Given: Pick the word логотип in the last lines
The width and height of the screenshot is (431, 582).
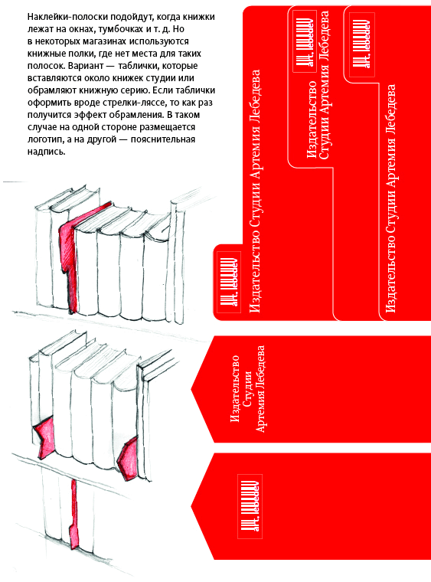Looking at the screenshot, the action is click(x=45, y=139).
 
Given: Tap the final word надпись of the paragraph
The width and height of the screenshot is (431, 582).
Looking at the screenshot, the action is click(x=47, y=152).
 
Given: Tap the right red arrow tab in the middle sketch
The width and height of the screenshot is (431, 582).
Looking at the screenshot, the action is click(x=129, y=456).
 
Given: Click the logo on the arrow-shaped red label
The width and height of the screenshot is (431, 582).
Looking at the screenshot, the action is click(x=250, y=506).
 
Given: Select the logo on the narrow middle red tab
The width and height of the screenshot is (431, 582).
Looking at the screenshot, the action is click(x=304, y=41).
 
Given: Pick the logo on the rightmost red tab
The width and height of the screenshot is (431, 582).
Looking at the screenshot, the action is click(x=362, y=44).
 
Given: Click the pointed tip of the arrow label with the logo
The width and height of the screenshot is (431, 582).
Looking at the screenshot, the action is click(x=191, y=506).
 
